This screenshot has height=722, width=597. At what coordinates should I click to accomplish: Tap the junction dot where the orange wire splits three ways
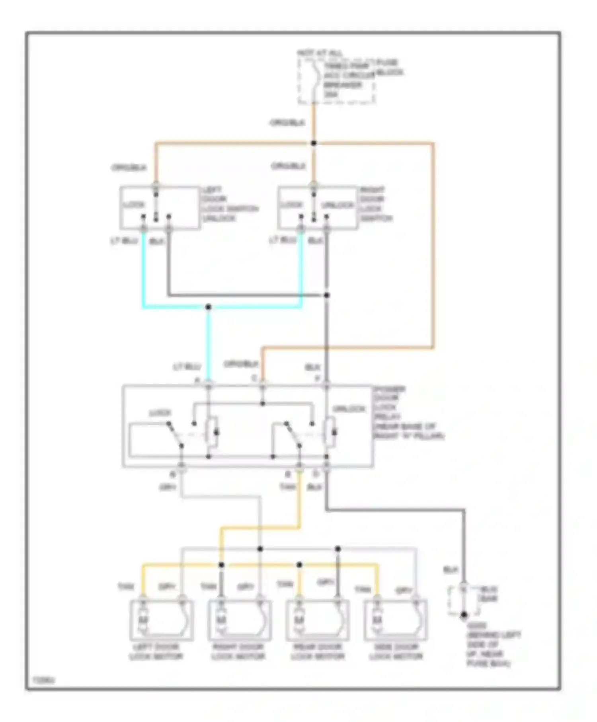[x=314, y=143]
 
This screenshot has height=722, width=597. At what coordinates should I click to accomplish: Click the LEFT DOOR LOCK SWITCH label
[x=230, y=204]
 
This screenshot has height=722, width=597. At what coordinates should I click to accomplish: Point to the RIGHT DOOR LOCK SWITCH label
[x=376, y=204]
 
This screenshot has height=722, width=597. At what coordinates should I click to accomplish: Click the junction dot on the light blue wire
[x=208, y=307]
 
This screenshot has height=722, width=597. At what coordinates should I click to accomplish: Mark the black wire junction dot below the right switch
[x=327, y=295]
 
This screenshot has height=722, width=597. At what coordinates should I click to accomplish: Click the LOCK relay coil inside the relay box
[x=213, y=431]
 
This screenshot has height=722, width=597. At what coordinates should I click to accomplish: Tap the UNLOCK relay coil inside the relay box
[x=330, y=431]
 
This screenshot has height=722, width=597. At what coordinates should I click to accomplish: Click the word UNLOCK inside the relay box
[x=349, y=409]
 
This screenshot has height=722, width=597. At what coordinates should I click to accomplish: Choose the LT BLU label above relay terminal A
[x=186, y=367]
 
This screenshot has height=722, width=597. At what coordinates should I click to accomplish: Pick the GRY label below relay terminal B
[x=168, y=487]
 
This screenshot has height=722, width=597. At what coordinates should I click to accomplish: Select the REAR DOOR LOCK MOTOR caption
[x=317, y=652]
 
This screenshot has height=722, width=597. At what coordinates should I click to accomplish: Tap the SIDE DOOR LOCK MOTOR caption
[x=396, y=652]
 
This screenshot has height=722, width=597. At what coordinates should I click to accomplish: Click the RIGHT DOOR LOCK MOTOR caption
[x=238, y=652]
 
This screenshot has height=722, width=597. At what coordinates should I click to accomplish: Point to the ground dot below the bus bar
[x=464, y=615]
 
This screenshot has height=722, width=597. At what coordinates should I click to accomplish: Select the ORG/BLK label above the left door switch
[x=129, y=168]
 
